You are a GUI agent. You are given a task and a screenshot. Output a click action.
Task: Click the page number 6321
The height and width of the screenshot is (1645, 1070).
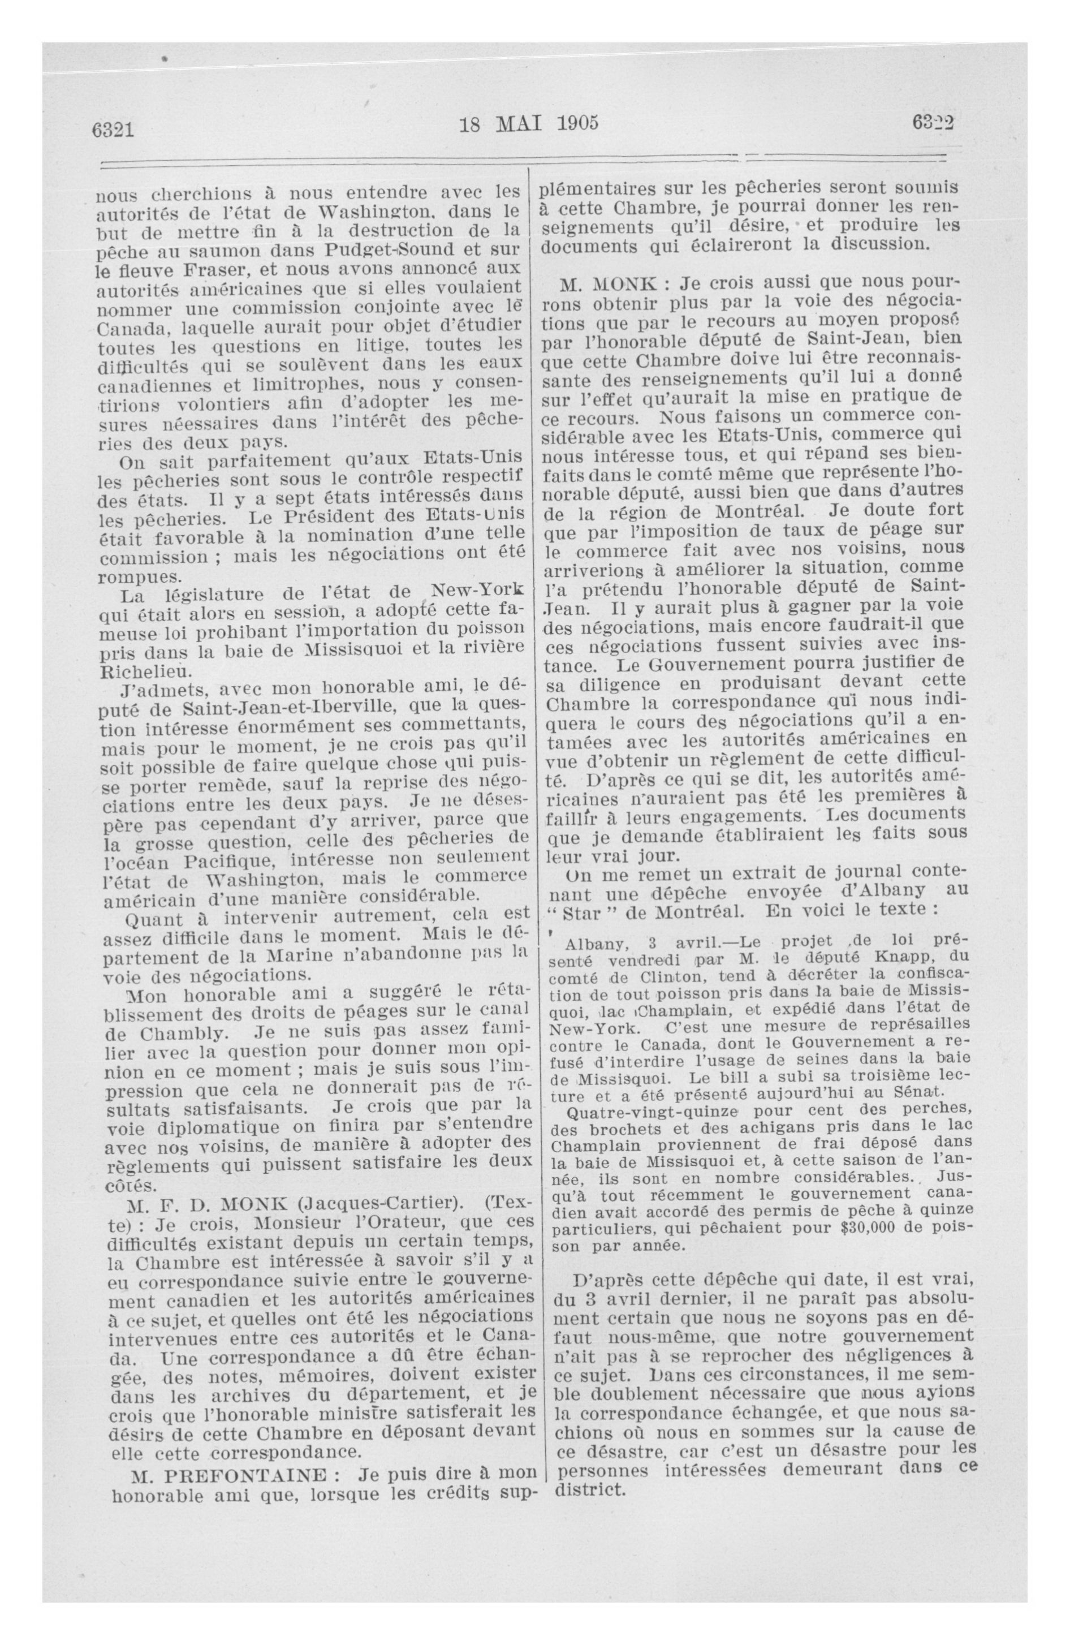click(x=112, y=128)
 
